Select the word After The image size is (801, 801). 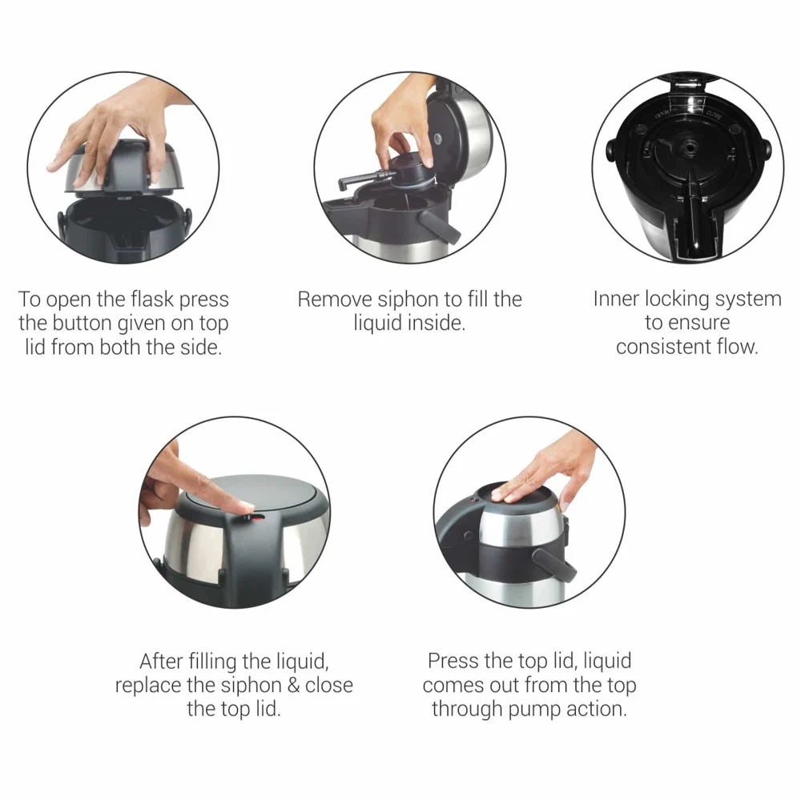(x=163, y=662)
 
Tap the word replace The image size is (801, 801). (x=147, y=686)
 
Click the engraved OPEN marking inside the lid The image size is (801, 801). (x=662, y=115)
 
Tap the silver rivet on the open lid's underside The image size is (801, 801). (x=437, y=139)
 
